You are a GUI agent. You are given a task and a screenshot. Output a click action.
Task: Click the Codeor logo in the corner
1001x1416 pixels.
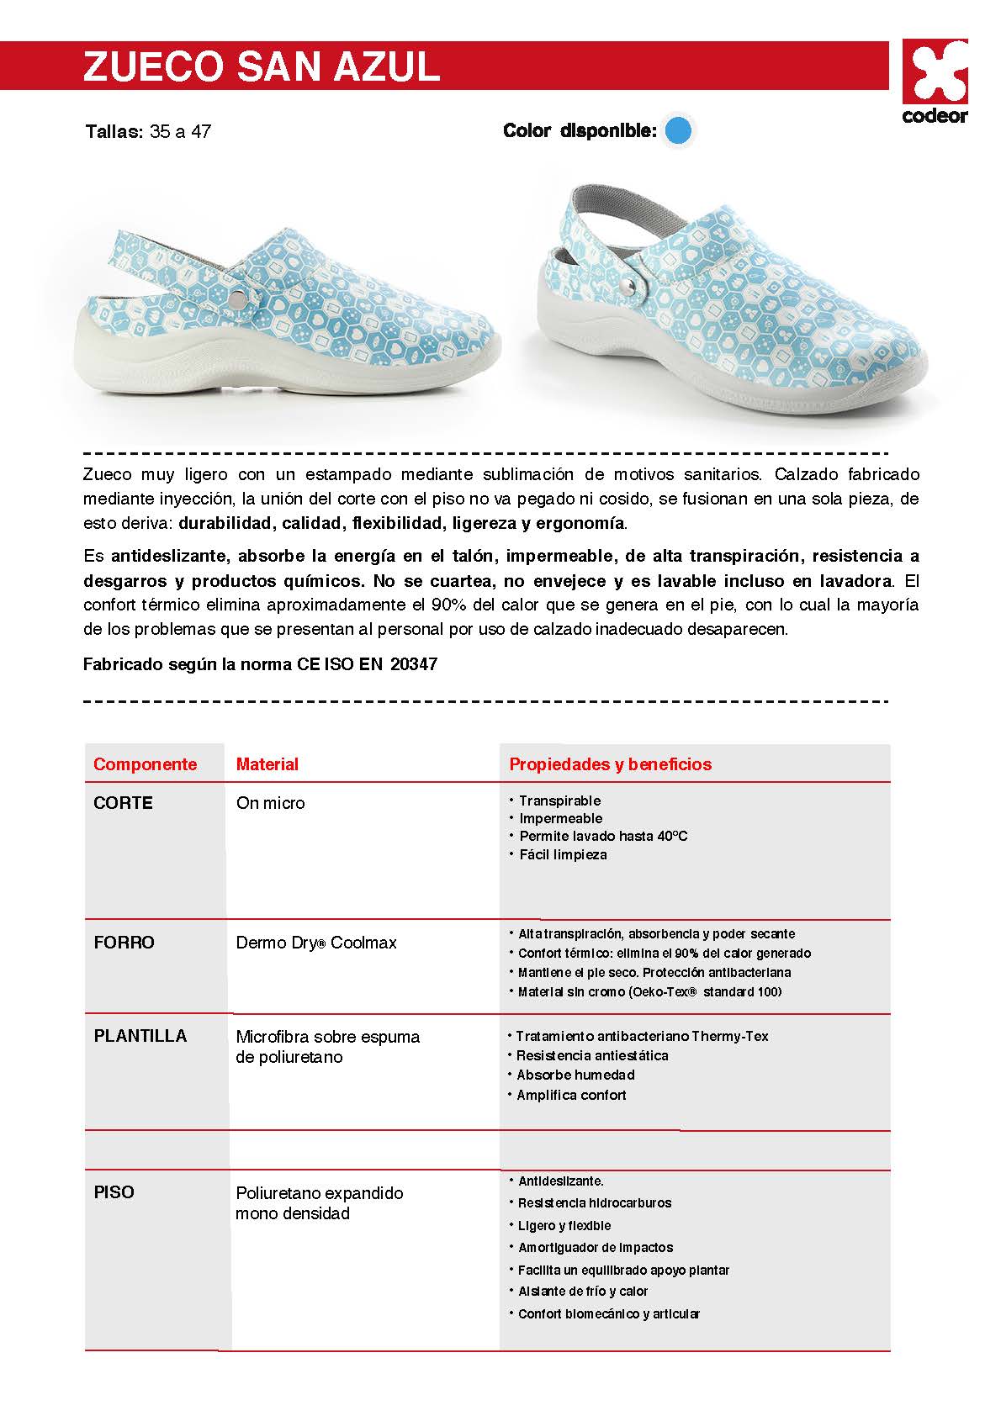click(935, 82)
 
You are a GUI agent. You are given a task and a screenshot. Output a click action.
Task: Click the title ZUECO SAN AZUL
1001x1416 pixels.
click(262, 66)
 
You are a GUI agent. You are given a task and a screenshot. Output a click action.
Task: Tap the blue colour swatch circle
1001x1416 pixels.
click(678, 130)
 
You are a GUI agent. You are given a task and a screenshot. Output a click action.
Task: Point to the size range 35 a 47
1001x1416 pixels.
click(180, 131)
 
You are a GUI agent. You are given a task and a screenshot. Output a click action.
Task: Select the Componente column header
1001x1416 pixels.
click(145, 764)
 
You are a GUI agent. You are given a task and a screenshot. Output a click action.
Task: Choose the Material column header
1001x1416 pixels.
click(267, 764)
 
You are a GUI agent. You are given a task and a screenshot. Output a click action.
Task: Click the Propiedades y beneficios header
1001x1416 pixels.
click(610, 764)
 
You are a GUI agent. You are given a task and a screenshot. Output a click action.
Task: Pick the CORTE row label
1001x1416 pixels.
click(123, 803)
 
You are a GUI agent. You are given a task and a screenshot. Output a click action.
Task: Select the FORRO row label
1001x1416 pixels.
click(124, 943)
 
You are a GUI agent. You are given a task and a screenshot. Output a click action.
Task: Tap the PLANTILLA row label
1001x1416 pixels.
click(140, 1036)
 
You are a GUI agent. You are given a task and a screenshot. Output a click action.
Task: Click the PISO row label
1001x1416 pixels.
click(114, 1192)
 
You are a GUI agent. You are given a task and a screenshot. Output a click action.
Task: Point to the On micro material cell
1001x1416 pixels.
click(270, 803)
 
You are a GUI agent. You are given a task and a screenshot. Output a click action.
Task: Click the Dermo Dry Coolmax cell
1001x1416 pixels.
click(315, 943)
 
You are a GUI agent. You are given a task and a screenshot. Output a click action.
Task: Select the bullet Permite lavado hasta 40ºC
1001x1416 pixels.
click(602, 836)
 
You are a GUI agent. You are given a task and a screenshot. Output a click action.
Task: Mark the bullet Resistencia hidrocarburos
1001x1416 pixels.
click(594, 1203)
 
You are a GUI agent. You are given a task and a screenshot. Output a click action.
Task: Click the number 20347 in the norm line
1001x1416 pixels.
click(414, 664)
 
